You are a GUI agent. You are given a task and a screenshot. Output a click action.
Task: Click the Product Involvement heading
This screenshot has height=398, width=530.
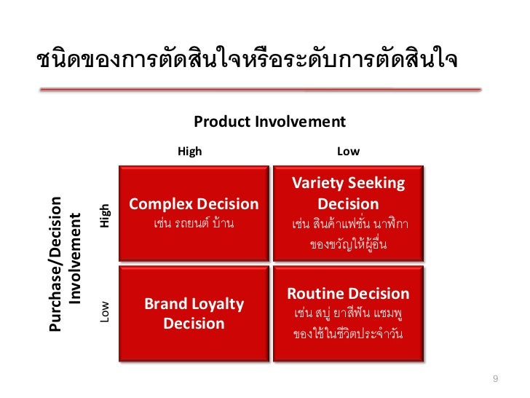click(x=269, y=121)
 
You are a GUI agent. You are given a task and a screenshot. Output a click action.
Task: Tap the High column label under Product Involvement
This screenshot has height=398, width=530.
click(x=190, y=151)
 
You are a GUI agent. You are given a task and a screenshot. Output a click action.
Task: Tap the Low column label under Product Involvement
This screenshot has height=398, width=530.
click(x=348, y=151)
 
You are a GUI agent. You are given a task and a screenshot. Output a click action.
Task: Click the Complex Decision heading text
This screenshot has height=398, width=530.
click(x=194, y=204)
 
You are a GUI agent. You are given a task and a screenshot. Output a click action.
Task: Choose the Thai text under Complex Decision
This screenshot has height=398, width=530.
click(x=194, y=223)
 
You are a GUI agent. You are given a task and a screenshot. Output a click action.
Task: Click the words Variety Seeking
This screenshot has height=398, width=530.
click(x=348, y=184)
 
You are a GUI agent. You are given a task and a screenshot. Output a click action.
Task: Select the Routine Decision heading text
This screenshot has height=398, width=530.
click(x=348, y=294)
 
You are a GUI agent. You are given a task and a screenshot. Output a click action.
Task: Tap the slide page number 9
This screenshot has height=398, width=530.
click(x=496, y=378)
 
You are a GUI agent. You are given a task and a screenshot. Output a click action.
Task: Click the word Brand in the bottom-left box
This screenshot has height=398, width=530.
click(x=165, y=304)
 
